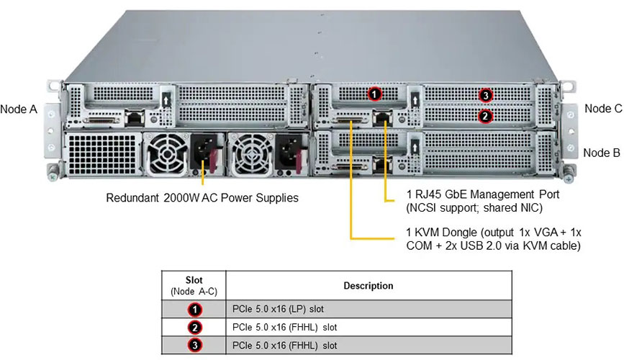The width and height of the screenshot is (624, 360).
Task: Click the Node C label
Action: pyautogui.click(x=602, y=109)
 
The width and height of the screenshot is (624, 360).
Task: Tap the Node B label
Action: pyautogui.click(x=602, y=153)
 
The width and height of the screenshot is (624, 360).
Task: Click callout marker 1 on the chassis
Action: pyautogui.click(x=374, y=93)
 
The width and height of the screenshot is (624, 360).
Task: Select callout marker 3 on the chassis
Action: pyautogui.click(x=486, y=95)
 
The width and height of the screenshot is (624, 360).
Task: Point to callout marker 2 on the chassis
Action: pyautogui.click(x=486, y=114)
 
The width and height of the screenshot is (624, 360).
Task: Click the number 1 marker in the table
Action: pyautogui.click(x=194, y=310)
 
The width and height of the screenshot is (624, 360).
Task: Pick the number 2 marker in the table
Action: pyautogui.click(x=194, y=328)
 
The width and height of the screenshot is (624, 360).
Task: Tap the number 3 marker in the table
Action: pyautogui.click(x=194, y=344)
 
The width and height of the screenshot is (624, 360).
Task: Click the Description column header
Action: pyautogui.click(x=368, y=286)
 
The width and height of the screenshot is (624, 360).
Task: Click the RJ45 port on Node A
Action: pyautogui.click(x=134, y=116)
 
